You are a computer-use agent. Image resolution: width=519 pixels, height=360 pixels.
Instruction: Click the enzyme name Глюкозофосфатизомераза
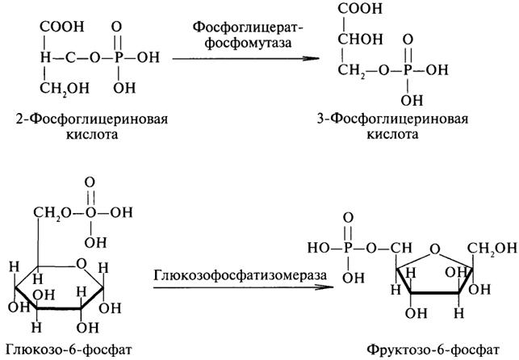pyautogui.click(x=240, y=275)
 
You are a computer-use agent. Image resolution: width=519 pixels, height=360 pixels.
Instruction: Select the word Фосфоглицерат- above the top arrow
pyautogui.click(x=249, y=27)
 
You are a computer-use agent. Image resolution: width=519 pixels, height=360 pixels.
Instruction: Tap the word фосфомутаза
pyautogui.click(x=249, y=43)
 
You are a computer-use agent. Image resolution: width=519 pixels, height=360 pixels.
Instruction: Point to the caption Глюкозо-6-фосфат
pyautogui.click(x=69, y=349)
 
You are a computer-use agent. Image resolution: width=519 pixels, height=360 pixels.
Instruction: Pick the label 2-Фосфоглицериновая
pyautogui.click(x=92, y=119)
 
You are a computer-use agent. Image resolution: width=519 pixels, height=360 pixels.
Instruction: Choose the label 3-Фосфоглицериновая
pyautogui.click(x=392, y=119)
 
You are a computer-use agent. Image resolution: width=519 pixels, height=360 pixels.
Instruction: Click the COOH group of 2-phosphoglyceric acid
pyautogui.click(x=62, y=27)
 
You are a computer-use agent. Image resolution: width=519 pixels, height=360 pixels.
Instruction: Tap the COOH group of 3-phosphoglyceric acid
pyautogui.click(x=360, y=9)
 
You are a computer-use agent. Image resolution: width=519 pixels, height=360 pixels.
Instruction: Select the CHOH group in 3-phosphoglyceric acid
pyautogui.click(x=360, y=39)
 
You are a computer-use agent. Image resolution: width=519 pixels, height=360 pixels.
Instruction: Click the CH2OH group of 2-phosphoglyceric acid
pyautogui.click(x=65, y=88)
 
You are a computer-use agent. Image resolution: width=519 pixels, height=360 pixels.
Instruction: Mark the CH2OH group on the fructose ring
pyautogui.click(x=492, y=248)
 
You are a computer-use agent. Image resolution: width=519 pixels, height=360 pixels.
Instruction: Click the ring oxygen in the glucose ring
pyautogui.click(x=81, y=264)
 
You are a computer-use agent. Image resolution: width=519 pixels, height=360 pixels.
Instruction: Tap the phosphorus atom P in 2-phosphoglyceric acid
pyautogui.click(x=118, y=57)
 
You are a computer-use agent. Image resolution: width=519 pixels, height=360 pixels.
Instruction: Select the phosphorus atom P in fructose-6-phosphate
pyautogui.click(x=347, y=248)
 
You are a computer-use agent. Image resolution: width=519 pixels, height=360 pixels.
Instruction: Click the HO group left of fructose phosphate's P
pyautogui.click(x=318, y=248)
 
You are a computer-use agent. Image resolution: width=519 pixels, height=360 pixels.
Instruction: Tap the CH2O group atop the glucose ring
pyautogui.click(x=52, y=213)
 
